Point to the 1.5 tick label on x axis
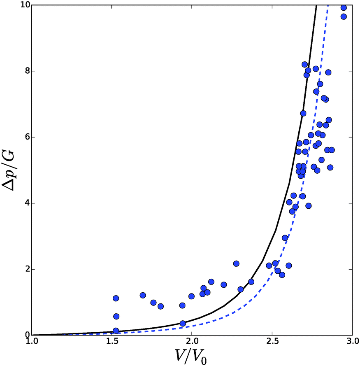111,343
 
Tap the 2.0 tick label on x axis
191,343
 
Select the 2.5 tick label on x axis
271,343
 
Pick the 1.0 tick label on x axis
31,343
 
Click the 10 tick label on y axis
21,5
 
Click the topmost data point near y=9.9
344,8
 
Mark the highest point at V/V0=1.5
116,298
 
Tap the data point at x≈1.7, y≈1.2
143,295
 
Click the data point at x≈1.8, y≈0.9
160,306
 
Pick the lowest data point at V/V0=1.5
116,331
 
